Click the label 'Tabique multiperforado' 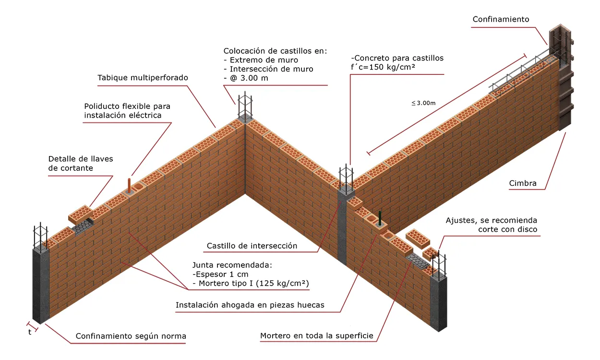pos(143,77)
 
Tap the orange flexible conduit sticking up pos(129,185)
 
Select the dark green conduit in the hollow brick pos(380,218)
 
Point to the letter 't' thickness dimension pos(30,331)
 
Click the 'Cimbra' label pos(522,183)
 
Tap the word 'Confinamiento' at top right pos(501,19)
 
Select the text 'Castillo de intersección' pos(252,246)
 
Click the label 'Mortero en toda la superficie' pos(316,336)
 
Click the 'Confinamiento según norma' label pos(131,336)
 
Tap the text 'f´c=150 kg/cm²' pos(383,67)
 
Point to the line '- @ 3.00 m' pos(246,78)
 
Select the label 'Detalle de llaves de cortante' pos(80,163)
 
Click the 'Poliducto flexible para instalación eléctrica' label pos(127,110)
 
